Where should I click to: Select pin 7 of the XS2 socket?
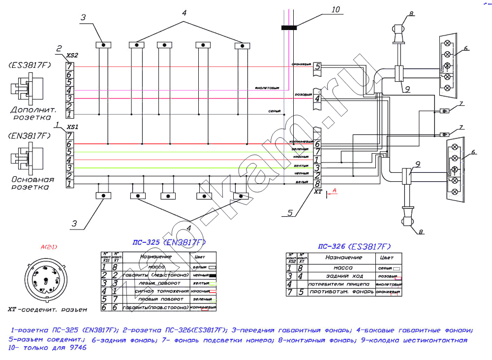click(69, 66)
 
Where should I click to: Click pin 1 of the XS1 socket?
click(69, 184)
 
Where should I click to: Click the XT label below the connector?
click(318, 193)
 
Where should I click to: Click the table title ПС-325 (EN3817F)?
click(169, 243)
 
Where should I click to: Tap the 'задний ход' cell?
click(339, 276)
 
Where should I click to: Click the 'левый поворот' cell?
click(156, 284)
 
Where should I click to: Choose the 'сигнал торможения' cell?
click(156, 292)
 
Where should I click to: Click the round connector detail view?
click(44, 280)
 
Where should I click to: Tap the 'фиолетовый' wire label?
click(267, 89)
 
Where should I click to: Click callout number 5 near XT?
click(290, 213)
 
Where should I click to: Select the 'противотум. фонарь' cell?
click(339, 293)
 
